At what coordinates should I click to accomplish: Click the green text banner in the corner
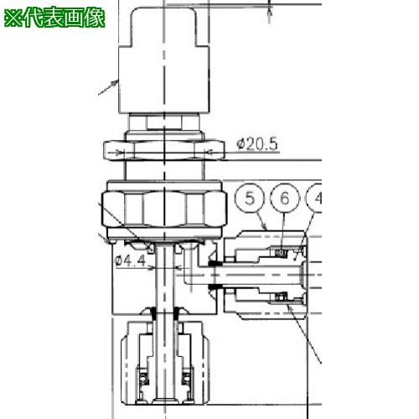tap(54, 18)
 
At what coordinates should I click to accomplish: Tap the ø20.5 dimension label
tap(257, 144)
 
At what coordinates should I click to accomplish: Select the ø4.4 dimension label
tap(130, 261)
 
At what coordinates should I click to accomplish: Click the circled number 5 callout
tap(250, 198)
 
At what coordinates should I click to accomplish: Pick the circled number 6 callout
tap(285, 198)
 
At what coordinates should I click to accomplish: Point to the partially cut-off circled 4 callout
tap(314, 198)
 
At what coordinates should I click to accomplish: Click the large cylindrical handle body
tap(164, 79)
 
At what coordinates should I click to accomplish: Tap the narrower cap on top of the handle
tap(164, 26)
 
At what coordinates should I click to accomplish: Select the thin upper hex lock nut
tap(164, 151)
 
